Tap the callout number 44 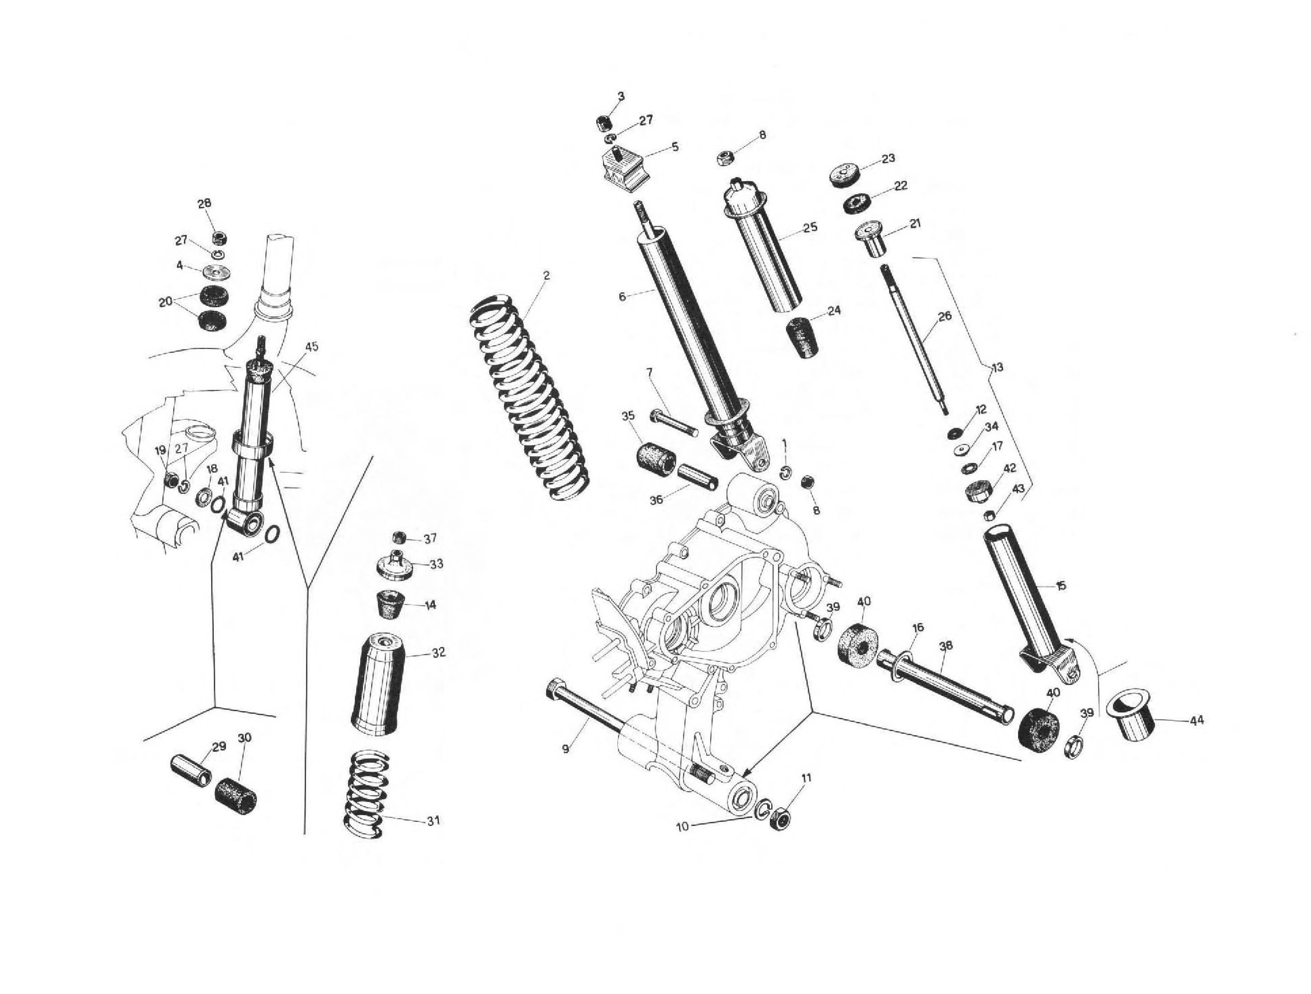1197,721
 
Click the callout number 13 997,367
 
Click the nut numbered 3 604,124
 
